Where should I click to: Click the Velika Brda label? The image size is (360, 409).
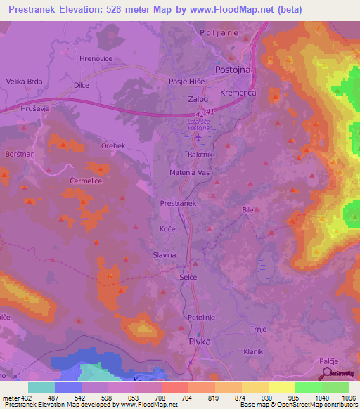(x=25, y=82)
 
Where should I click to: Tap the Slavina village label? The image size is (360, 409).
(x=164, y=255)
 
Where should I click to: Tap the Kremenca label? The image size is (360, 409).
(x=239, y=93)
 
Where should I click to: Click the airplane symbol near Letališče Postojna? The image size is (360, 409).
(x=197, y=137)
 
